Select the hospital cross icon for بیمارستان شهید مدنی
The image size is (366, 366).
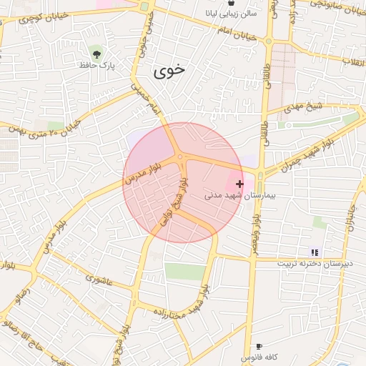pyautogui.click(x=239, y=184)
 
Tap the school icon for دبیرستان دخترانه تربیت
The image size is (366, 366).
pyautogui.click(x=315, y=252)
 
